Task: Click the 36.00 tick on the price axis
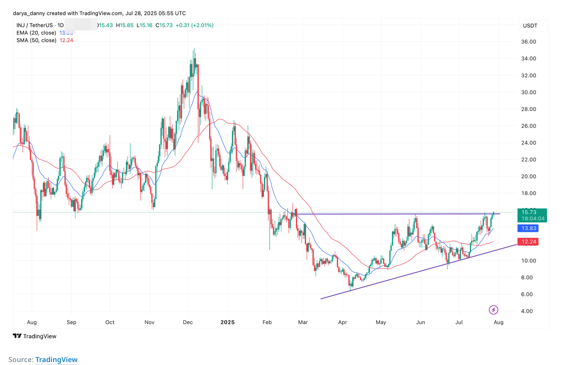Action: [x=528, y=42]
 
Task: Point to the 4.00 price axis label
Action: [x=527, y=311]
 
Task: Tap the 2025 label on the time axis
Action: [x=227, y=322]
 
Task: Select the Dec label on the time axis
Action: [x=188, y=322]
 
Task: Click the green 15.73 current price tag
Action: [x=532, y=213]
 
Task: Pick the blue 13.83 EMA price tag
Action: [x=528, y=228]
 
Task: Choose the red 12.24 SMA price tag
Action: [x=528, y=242]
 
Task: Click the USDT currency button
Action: [x=530, y=26]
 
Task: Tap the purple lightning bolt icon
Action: [x=493, y=310]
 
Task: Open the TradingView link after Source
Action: [x=56, y=360]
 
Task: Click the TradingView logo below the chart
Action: [x=35, y=336]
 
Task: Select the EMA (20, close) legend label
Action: [x=36, y=33]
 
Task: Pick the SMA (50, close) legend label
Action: [x=36, y=40]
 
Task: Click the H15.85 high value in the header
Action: [x=125, y=25]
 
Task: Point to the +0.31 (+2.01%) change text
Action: [x=195, y=25]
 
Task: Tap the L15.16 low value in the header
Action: [x=144, y=25]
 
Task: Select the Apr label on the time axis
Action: [x=343, y=322]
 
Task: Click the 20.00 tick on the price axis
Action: [x=528, y=176]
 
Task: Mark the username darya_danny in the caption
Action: [x=29, y=13]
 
